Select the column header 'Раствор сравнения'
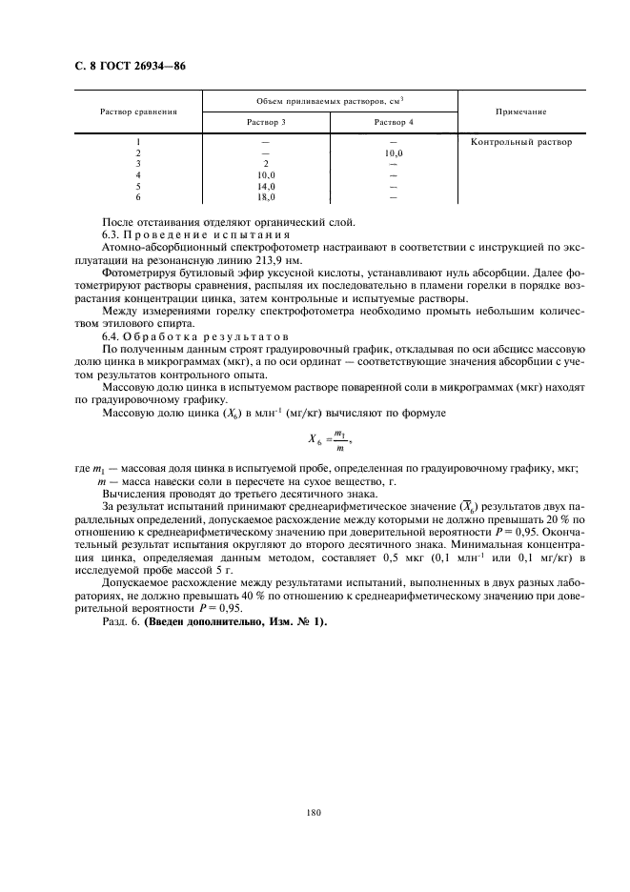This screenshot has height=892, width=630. tap(138, 111)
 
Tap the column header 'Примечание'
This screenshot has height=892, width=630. tap(521, 111)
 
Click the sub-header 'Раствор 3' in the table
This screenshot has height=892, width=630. tap(266, 123)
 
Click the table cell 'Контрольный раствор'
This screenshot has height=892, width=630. tap(521, 142)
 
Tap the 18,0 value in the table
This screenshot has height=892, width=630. tap(266, 197)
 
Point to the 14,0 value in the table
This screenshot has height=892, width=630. tap(266, 187)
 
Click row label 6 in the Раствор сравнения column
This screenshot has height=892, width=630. tap(138, 197)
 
